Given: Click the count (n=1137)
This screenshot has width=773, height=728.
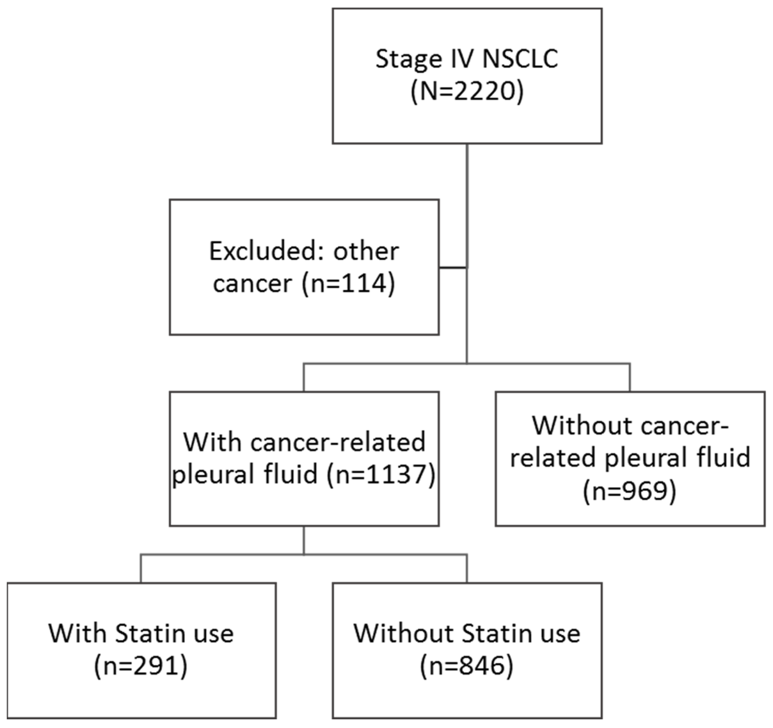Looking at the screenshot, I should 381,474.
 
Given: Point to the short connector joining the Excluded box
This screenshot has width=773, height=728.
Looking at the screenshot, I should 453,268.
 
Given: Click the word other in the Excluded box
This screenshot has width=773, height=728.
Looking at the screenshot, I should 366,251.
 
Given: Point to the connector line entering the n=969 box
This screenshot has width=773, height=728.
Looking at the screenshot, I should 630,377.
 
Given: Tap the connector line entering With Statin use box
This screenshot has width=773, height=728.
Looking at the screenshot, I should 141,568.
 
